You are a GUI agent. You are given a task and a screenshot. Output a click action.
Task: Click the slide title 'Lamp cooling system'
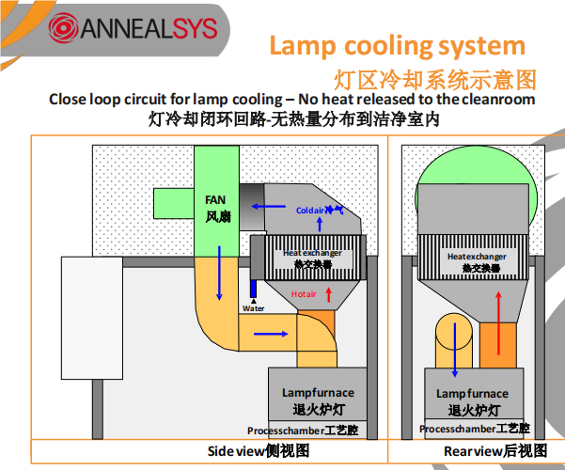(x=398, y=45)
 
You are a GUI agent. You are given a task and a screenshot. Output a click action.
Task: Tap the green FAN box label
(x=215, y=208)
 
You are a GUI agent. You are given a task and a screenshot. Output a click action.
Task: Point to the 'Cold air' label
(x=310, y=210)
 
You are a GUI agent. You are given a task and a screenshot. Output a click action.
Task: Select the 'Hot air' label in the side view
(x=304, y=294)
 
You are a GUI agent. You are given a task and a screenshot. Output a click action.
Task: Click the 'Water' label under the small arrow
(x=253, y=308)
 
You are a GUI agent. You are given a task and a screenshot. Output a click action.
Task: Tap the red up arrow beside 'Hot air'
(x=328, y=294)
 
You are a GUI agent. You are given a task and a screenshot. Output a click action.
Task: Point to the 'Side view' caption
(x=258, y=451)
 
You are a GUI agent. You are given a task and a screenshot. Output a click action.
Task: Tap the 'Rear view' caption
(x=494, y=451)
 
